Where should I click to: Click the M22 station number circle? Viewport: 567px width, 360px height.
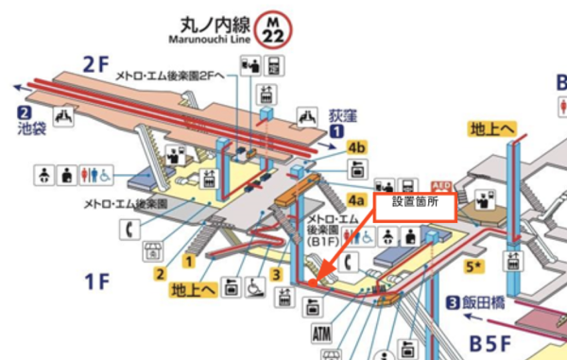coord(274,28)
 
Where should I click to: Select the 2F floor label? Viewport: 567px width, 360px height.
coord(97,64)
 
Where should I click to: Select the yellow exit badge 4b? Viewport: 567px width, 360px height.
coord(356,147)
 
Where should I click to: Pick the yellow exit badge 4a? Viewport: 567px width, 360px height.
coord(355,200)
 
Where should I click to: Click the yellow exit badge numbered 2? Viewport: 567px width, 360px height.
coord(161,273)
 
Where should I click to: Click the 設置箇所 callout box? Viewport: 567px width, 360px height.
coord(416,201)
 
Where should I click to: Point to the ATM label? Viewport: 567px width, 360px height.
coord(322,334)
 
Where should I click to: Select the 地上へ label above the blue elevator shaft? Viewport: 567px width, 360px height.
coord(492,128)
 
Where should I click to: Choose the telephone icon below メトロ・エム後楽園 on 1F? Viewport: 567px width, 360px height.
coord(126,228)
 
